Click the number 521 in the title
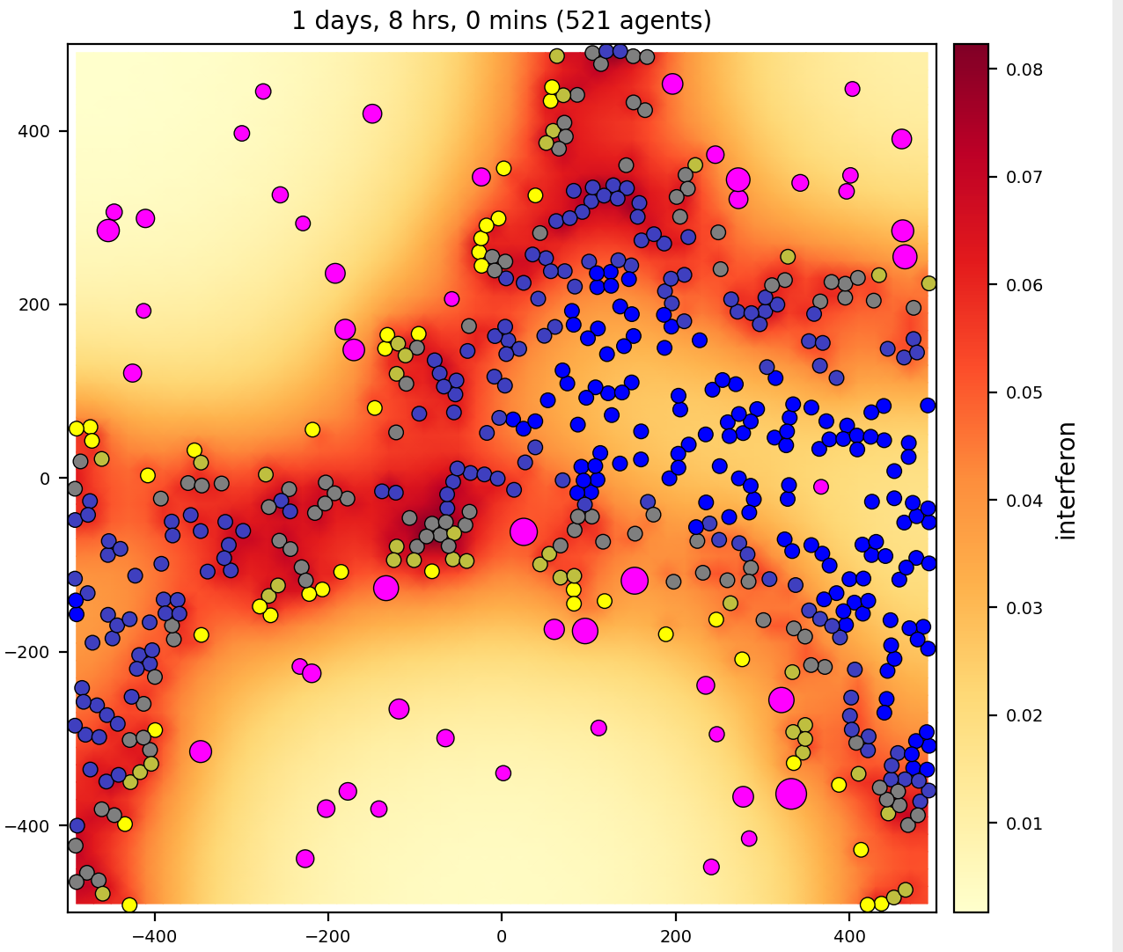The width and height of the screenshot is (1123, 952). point(588,20)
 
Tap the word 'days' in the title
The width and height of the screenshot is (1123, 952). point(332,20)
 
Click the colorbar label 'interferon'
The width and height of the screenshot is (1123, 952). point(1067,480)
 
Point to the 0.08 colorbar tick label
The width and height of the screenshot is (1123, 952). point(1024,70)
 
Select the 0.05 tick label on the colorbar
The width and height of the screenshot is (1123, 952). point(1024,392)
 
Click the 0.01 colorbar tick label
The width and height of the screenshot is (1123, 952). point(1024,824)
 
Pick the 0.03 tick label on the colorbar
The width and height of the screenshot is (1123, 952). point(1024,608)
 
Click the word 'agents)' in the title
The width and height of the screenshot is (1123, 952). point(665,20)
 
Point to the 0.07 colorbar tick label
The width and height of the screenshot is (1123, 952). point(1024,177)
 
